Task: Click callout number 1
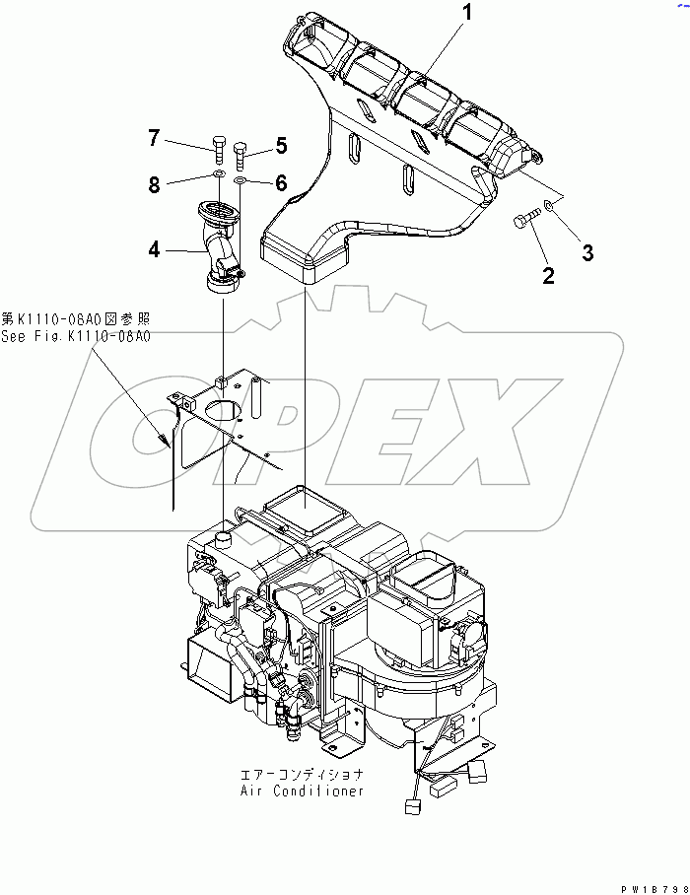(x=468, y=14)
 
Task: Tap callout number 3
(x=586, y=252)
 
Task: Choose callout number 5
(x=281, y=147)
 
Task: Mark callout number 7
(x=154, y=138)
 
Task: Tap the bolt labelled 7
(x=218, y=151)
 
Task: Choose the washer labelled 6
(x=241, y=182)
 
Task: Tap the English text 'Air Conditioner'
(x=302, y=791)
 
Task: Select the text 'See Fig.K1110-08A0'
(x=76, y=336)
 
